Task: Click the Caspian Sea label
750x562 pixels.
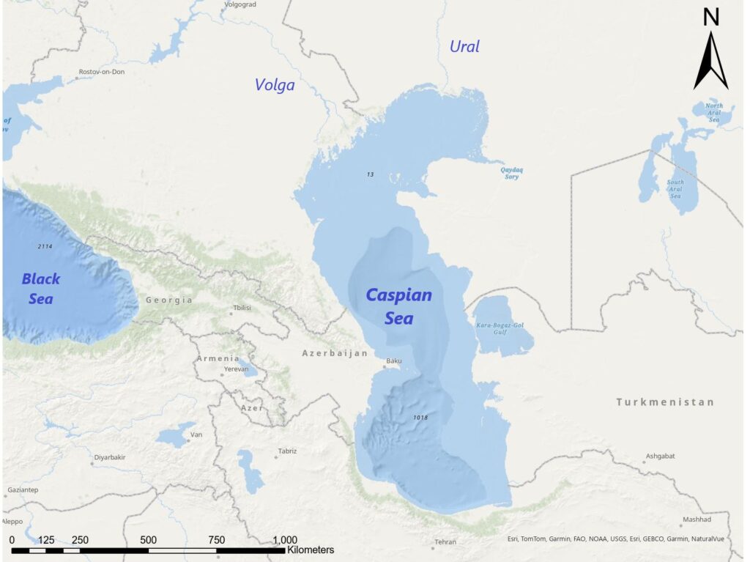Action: (398, 306)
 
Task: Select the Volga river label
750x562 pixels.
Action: (275, 85)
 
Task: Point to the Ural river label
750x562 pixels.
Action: (464, 46)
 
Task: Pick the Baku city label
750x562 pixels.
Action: (394, 361)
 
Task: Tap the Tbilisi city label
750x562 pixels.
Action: (242, 308)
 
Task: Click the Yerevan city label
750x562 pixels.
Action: (236, 369)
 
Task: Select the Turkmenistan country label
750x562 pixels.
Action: (664, 402)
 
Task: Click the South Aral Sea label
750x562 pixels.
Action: (675, 189)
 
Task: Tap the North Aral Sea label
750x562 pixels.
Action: (713, 113)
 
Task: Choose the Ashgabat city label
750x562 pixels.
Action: (660, 456)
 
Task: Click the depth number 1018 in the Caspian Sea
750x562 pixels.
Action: (420, 418)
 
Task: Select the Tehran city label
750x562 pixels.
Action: (445, 542)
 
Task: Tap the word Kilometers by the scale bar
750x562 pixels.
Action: (311, 550)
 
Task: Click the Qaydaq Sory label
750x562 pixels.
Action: (511, 173)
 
